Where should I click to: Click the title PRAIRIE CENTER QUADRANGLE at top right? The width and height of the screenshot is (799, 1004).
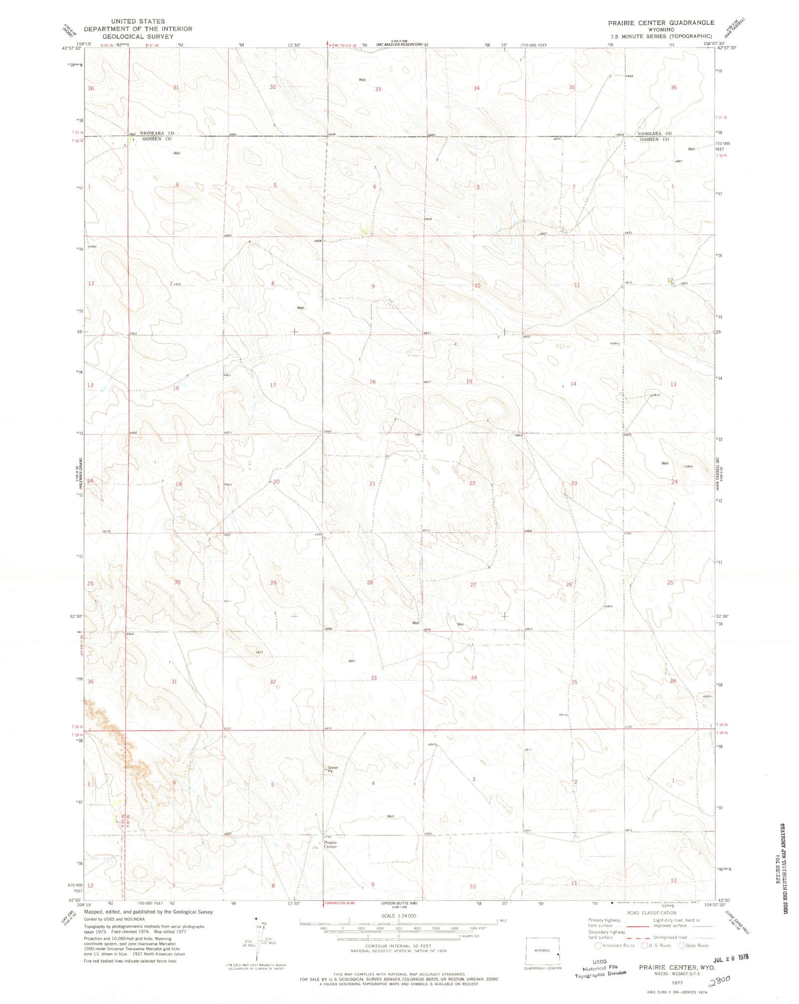(661, 23)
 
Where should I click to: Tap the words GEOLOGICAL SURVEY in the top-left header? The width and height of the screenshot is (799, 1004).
(138, 37)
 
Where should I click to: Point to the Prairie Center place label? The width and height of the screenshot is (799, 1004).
(330, 844)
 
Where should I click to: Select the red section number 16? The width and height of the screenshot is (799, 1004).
(373, 382)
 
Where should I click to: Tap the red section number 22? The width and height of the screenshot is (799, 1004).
(472, 483)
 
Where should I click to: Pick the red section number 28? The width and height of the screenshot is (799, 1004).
(370, 582)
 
